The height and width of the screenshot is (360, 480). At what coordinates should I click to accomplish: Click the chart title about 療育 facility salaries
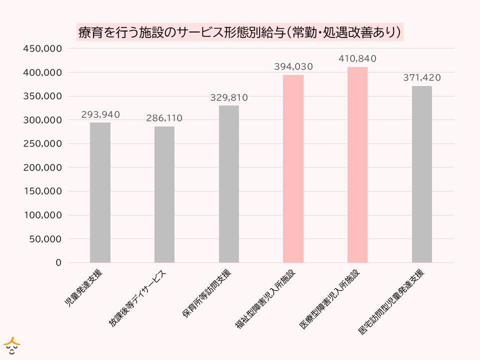[x=240, y=32]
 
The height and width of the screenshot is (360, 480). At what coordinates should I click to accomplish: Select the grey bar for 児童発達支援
[x=100, y=192]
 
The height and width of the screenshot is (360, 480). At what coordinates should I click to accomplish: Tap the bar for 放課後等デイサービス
[x=164, y=194]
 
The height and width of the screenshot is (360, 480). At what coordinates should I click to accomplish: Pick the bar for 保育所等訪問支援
[x=229, y=184]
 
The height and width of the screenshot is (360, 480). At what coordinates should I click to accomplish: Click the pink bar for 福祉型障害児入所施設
[x=293, y=168]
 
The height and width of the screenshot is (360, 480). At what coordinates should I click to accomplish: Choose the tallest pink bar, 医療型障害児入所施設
[x=357, y=164]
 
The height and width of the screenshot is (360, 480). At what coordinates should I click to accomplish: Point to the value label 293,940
[x=100, y=114]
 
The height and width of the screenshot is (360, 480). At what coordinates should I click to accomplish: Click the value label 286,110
[x=164, y=118]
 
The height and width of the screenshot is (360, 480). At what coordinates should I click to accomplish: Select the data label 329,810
[x=229, y=97]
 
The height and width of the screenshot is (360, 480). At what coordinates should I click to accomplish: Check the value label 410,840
[x=357, y=59]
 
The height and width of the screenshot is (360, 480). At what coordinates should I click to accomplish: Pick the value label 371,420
[x=422, y=77]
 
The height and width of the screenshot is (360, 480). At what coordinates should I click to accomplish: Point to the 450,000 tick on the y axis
[x=42, y=48]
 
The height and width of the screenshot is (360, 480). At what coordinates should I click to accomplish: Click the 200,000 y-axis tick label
[x=42, y=167]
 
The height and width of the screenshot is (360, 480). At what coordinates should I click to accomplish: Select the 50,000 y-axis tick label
[x=45, y=239]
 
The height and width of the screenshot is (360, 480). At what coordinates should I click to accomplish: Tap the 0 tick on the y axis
[x=58, y=262]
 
